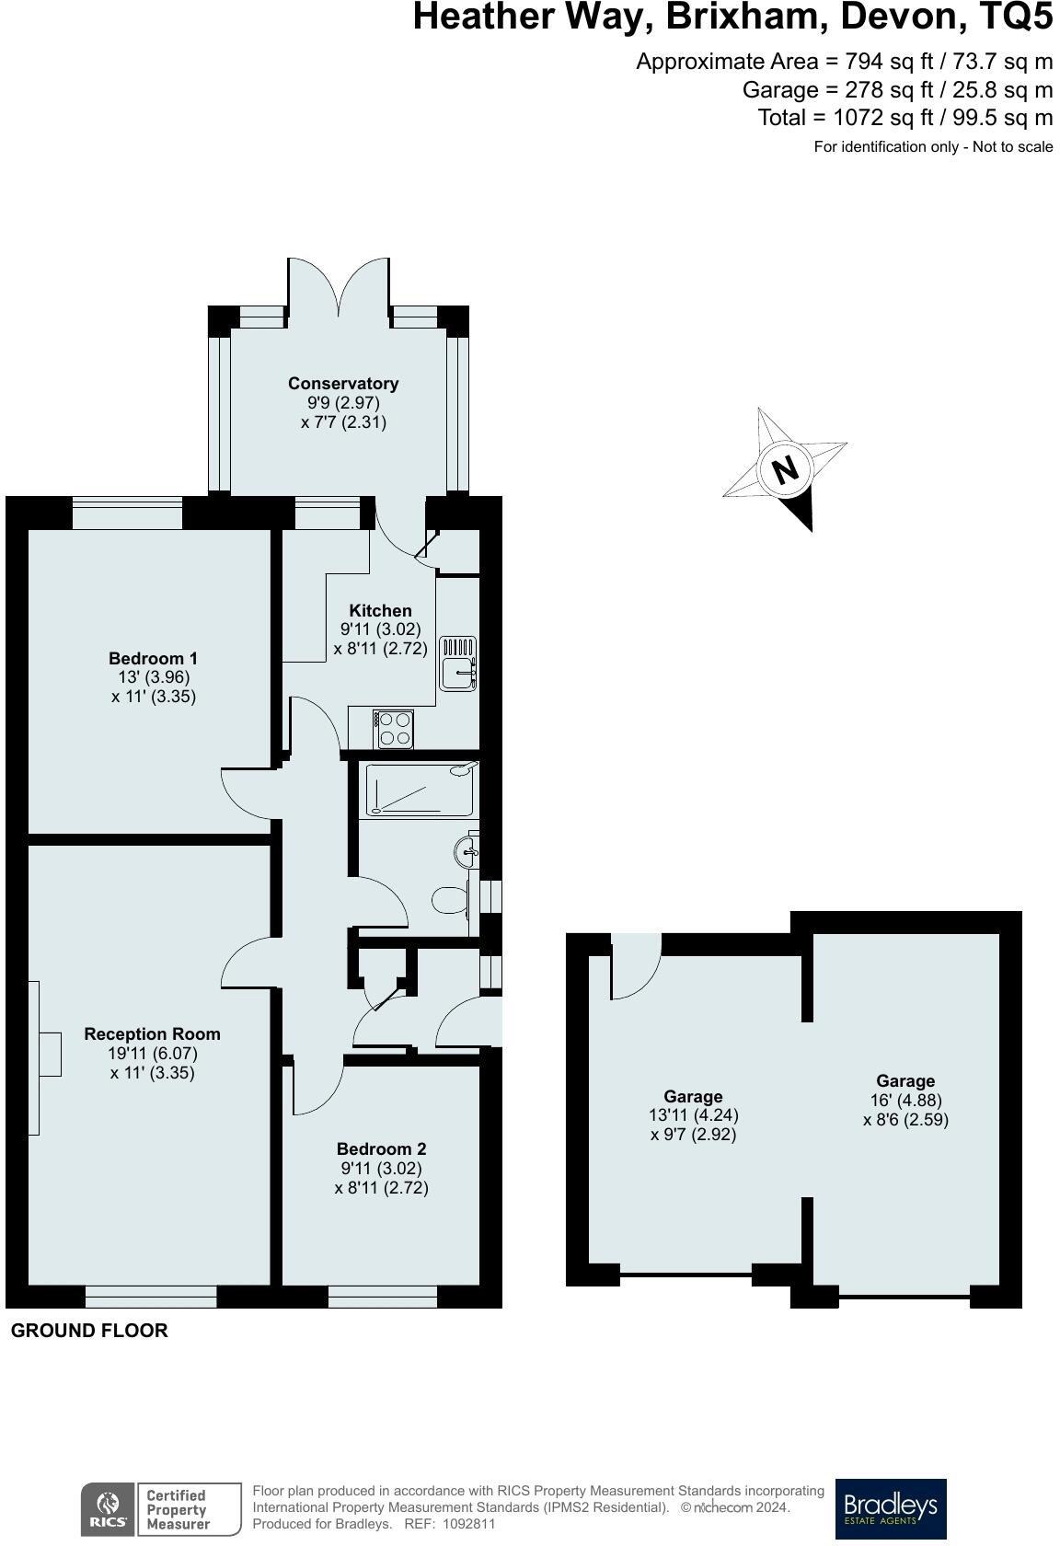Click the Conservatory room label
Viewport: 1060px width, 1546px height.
(x=343, y=383)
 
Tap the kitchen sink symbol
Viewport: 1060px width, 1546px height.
(x=457, y=663)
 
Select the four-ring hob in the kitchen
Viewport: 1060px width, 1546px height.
(x=395, y=729)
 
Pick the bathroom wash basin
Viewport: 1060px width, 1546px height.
(x=467, y=851)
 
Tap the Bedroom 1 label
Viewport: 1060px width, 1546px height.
(x=153, y=658)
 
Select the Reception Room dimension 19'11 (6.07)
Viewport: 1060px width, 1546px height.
(x=153, y=1054)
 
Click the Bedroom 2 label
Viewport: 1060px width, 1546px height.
(x=381, y=1148)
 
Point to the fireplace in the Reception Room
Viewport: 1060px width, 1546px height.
(x=48, y=1054)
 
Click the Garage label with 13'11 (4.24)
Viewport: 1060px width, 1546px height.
(x=693, y=1096)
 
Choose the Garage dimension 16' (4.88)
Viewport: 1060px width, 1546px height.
(x=905, y=1101)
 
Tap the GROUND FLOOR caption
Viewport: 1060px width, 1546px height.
(x=89, y=1331)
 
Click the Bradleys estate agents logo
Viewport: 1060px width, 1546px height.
(x=890, y=1508)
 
